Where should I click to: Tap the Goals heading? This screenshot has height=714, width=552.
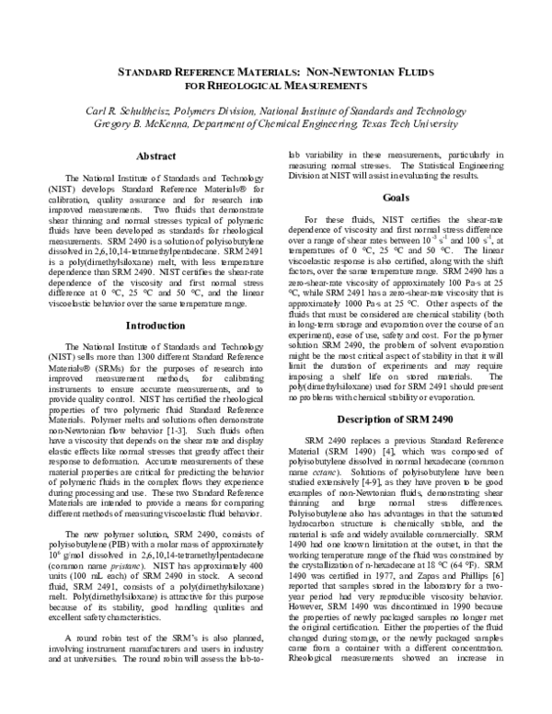[396, 198]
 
